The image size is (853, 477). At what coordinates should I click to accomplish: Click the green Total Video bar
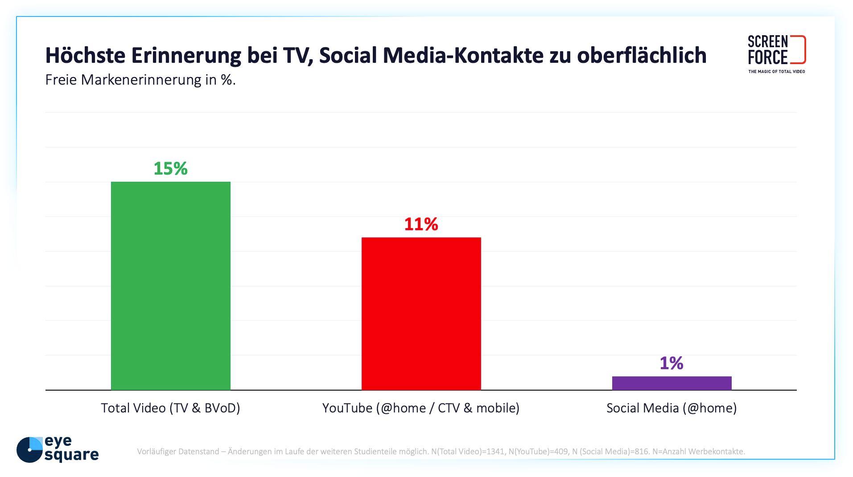point(170,285)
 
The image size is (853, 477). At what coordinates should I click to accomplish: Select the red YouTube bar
point(421,314)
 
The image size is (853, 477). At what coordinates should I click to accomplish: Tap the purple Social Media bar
point(672,383)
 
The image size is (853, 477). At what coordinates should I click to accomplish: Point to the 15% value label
point(170,168)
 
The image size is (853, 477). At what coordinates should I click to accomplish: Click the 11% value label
point(421,224)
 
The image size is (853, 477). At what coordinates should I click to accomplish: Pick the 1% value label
point(672,363)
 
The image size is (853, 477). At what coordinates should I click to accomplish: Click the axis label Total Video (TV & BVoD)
point(170,408)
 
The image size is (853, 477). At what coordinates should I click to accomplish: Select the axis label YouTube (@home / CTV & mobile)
point(421,408)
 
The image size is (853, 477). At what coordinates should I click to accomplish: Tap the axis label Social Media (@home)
point(672,408)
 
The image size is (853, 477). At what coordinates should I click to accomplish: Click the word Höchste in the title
point(85,56)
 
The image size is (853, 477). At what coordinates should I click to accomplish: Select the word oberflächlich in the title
point(642,56)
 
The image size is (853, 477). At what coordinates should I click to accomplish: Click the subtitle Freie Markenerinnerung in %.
point(140,80)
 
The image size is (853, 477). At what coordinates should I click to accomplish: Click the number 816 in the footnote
point(641,452)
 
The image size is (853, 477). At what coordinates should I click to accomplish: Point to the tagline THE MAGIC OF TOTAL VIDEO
point(776,72)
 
